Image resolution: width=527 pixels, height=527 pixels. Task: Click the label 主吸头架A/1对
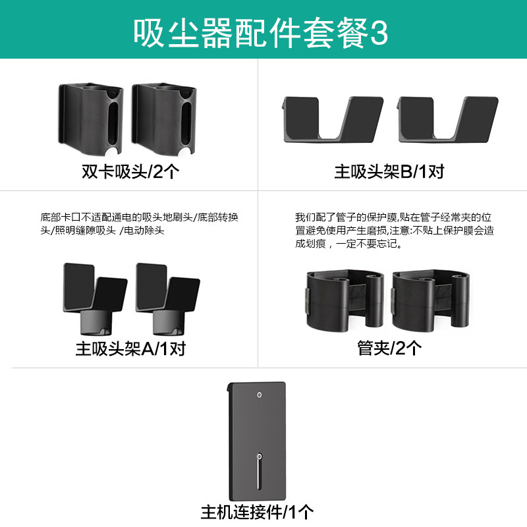(130, 348)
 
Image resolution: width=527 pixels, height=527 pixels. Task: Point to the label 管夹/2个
(389, 348)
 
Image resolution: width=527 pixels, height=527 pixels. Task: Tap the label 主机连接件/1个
(258, 511)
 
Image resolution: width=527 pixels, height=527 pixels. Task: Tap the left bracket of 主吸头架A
(94, 296)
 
